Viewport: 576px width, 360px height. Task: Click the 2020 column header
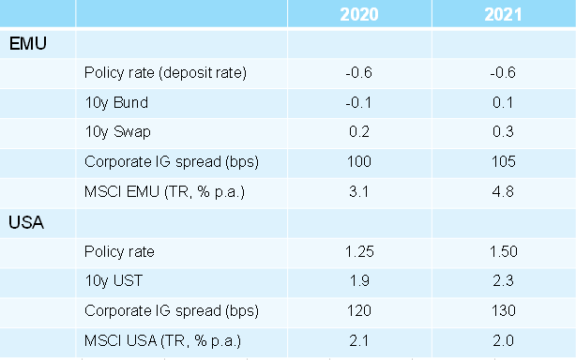pos(361,14)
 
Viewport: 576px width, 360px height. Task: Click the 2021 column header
pos(505,14)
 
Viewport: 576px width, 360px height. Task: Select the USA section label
pos(27,222)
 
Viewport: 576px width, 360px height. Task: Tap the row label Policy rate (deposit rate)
pos(165,73)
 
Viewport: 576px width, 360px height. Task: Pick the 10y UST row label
pos(111,281)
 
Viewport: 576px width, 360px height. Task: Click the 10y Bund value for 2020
pos(361,103)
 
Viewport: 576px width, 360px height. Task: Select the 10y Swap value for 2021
pos(505,132)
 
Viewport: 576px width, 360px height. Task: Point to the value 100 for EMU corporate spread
pos(361,162)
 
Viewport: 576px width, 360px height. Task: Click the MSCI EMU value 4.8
pos(505,192)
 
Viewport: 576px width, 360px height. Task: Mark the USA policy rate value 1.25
pos(361,251)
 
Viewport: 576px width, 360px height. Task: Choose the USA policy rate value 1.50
pos(505,251)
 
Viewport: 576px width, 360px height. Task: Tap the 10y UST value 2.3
pos(505,281)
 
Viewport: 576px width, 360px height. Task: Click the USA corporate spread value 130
pos(505,310)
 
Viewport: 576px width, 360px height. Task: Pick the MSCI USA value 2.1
pos(361,340)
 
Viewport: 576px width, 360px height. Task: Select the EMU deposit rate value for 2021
pos(505,73)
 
